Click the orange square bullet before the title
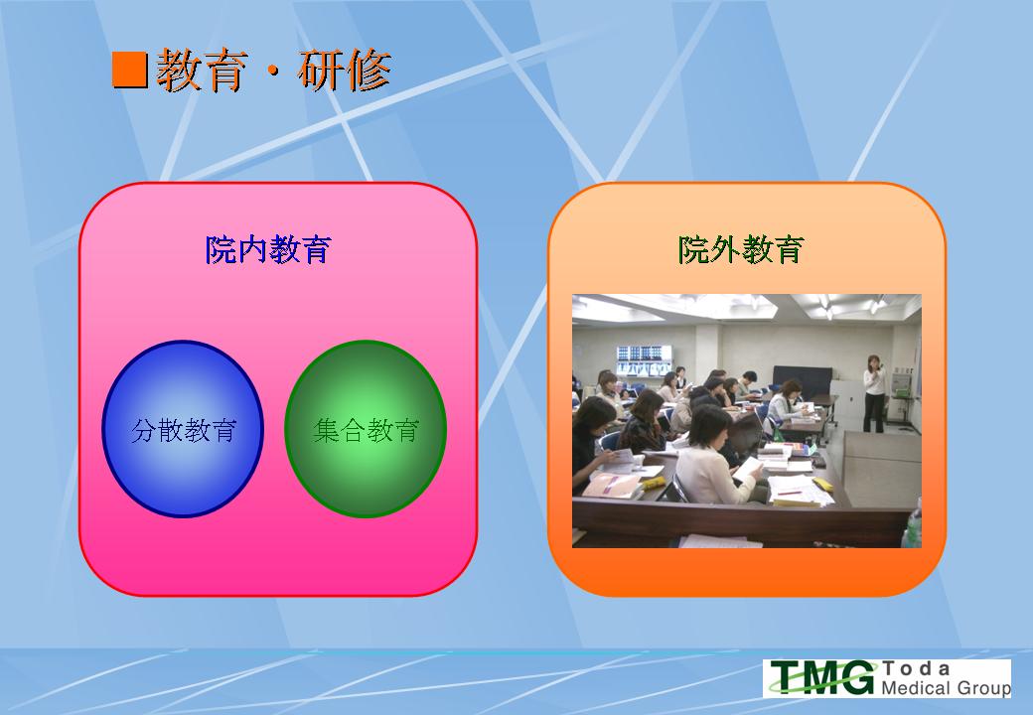129,70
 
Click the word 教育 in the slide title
203,70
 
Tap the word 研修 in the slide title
345,70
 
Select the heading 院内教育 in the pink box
268,249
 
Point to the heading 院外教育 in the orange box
741,249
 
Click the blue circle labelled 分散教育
183,429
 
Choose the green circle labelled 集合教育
366,429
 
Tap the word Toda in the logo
916,669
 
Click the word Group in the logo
983,688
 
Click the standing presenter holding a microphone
874,393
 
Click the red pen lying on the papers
789,492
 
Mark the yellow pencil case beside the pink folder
654,483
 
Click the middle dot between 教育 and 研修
273,72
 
